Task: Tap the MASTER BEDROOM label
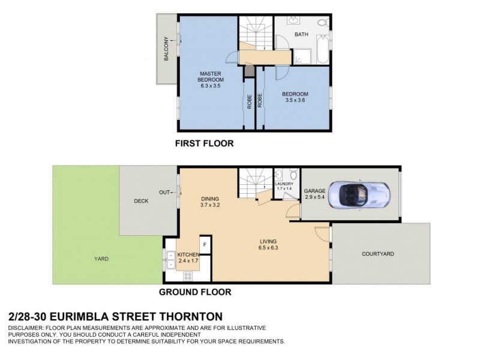coord(211,76)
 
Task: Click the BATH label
coord(301,35)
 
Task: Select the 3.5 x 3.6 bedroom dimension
coord(295,101)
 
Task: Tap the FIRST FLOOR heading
coord(204,143)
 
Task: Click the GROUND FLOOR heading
coord(194,293)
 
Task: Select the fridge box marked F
coord(205,244)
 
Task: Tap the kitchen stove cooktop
coord(187,276)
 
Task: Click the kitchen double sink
coord(169,259)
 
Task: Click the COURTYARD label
coord(377,254)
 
